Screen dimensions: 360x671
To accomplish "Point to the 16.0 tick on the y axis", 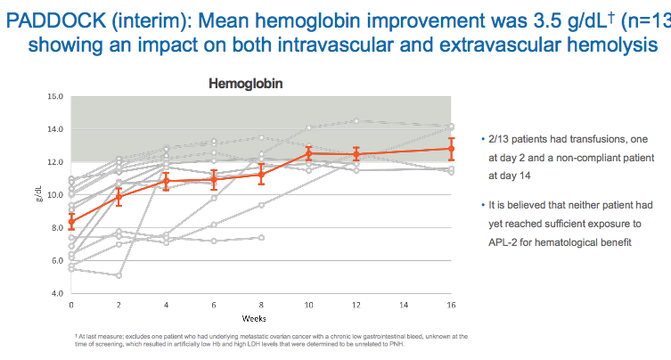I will (x=54, y=96).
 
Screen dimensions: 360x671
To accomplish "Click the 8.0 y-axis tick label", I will (x=54, y=228).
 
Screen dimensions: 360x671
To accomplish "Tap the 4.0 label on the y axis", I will (x=54, y=294).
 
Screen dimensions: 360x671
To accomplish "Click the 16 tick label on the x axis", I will (x=451, y=304).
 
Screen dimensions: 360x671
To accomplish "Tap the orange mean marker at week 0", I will (x=71, y=221).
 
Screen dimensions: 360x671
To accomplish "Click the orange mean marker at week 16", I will (x=451, y=148).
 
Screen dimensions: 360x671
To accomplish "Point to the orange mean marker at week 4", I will (x=167, y=181).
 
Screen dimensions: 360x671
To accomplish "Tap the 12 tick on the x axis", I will (x=356, y=304).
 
